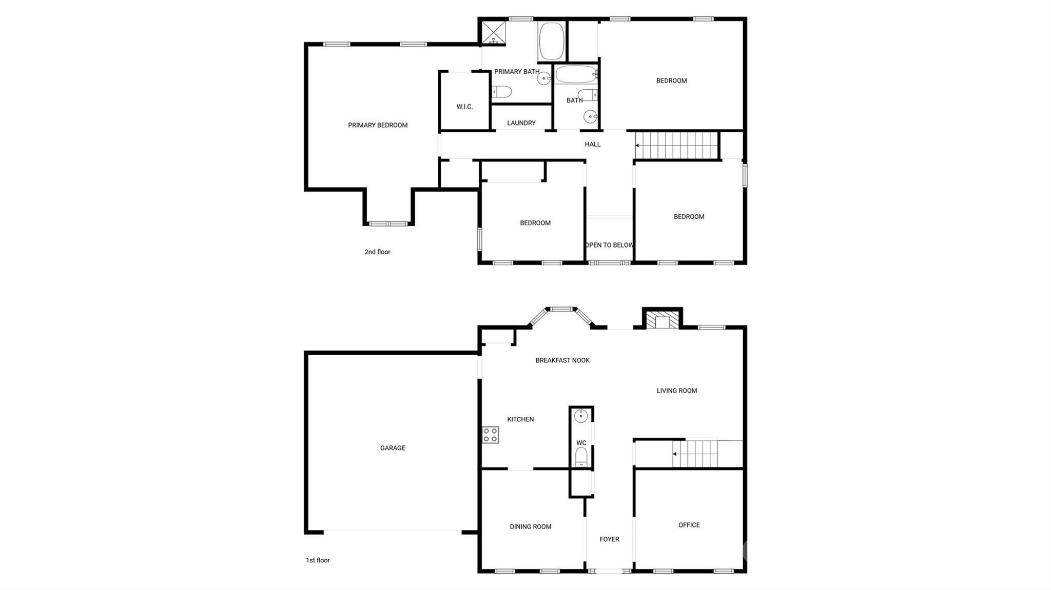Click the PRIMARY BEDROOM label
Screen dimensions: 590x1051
pos(378,125)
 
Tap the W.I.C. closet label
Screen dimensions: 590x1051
pos(464,107)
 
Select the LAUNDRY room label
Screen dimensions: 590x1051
pos(521,123)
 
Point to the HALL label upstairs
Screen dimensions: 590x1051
pos(592,145)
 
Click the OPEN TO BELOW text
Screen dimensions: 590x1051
pos(609,245)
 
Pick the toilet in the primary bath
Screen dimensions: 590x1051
pos(502,92)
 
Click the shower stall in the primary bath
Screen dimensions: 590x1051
pos(493,33)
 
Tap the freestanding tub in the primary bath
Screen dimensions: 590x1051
pos(552,41)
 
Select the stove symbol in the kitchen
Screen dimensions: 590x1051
pos(490,435)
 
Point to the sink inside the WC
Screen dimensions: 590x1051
pos(581,416)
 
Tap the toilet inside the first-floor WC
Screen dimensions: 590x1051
pos(581,456)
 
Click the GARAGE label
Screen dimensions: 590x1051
pos(393,448)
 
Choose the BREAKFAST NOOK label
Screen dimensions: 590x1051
pos(562,360)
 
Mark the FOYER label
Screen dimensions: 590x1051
pos(609,539)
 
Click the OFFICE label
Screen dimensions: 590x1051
pos(689,525)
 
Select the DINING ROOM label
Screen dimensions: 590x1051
pos(530,526)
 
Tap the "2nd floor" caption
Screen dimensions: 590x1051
pos(377,252)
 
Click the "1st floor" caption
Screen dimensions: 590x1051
pos(318,560)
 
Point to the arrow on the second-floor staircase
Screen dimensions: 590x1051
pos(637,146)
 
